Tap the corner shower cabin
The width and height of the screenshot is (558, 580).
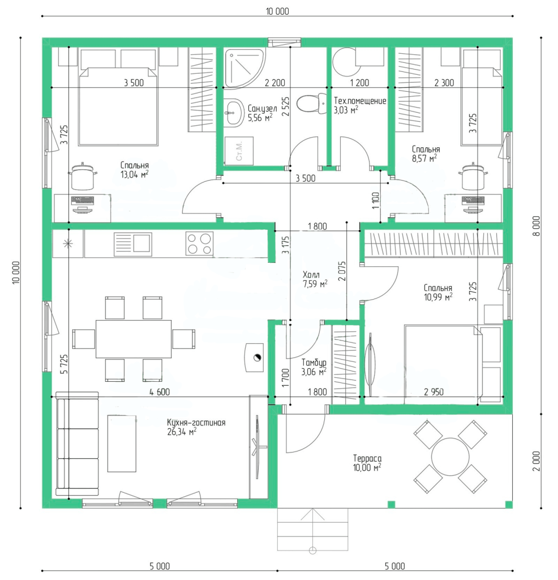pos(244,69)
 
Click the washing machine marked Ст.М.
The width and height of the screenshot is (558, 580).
pos(239,151)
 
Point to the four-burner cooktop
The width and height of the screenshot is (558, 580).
pos(200,244)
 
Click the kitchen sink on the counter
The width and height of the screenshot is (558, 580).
pos(132,244)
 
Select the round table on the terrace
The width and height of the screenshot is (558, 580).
pos(450,457)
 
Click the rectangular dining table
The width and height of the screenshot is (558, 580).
pos(134,339)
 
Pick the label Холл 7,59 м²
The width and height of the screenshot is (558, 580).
pos(315,279)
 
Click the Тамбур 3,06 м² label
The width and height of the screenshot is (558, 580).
pos(314,367)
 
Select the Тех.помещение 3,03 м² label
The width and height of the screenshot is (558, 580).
pos(360,105)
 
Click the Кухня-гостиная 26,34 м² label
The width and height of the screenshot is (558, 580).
pos(196,427)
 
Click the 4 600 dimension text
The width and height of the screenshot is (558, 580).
pos(160,392)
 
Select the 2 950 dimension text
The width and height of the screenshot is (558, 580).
pos(434,392)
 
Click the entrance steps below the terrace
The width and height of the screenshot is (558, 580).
pos(312,530)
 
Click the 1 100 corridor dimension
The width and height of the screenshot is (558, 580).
pos(376,201)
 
